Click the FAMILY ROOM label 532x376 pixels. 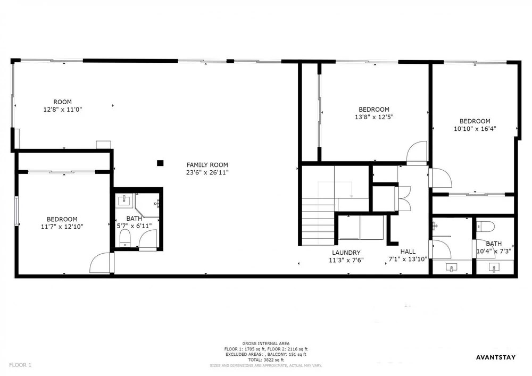[207, 165]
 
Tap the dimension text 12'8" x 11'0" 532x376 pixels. [63, 110]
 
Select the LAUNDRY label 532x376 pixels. [346, 253]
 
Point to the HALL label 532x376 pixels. [408, 252]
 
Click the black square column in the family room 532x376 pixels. [160, 163]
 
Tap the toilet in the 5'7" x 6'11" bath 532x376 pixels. [125, 238]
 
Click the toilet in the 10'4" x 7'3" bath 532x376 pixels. [485, 226]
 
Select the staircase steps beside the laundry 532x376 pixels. [318, 222]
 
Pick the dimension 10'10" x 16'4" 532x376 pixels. [475, 129]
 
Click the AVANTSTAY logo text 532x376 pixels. [496, 357]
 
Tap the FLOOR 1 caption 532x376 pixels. [20, 365]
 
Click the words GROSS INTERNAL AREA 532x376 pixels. [265, 344]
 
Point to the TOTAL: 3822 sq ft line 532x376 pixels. [265, 360]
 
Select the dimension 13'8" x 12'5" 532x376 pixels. [374, 117]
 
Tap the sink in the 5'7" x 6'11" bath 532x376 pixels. [123, 200]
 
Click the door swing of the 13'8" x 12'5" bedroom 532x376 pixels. [417, 153]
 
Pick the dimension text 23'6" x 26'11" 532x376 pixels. [207, 172]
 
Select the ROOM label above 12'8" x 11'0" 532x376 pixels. [63, 102]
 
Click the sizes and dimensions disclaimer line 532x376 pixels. [265, 365]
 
